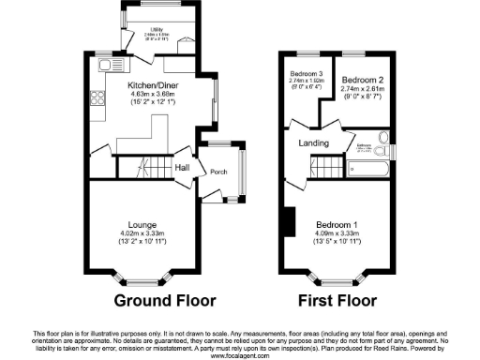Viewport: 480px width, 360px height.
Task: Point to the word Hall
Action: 182,167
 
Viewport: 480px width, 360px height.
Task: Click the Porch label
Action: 219,172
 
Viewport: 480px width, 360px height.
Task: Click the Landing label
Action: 312,142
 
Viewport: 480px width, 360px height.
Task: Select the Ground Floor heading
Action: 165,301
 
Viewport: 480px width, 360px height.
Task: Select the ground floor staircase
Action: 143,166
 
